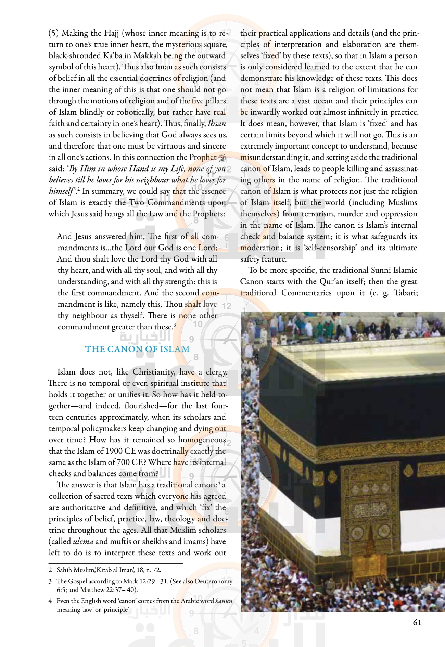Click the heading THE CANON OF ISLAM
[137, 349]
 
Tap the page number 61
[417, 622]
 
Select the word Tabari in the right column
[406, 293]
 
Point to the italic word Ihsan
[217, 123]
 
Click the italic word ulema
[83, 541]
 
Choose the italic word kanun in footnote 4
[224, 601]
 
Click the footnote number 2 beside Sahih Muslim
[50, 570]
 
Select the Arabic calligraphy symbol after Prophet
[222, 157]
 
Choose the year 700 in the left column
[123, 462]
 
